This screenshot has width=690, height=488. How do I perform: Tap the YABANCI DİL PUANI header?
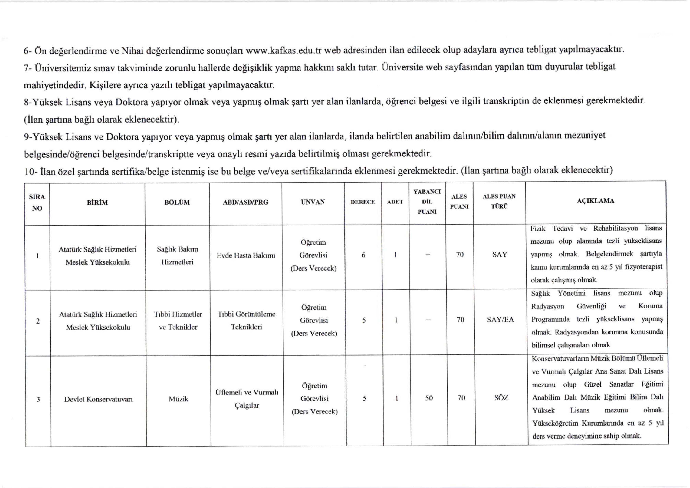point(427,202)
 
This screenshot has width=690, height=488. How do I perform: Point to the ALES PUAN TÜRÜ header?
point(499,201)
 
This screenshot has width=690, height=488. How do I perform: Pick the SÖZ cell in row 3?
point(501,398)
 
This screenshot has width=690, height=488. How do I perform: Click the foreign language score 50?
point(429,398)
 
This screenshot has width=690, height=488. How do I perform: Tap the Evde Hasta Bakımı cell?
point(246,255)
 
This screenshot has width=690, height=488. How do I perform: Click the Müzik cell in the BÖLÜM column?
point(178,399)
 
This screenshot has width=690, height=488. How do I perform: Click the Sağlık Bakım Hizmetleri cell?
point(177,255)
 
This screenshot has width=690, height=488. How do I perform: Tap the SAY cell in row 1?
point(500,255)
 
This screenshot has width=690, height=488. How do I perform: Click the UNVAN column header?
point(313,202)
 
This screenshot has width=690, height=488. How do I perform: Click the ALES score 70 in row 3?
point(461,398)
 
